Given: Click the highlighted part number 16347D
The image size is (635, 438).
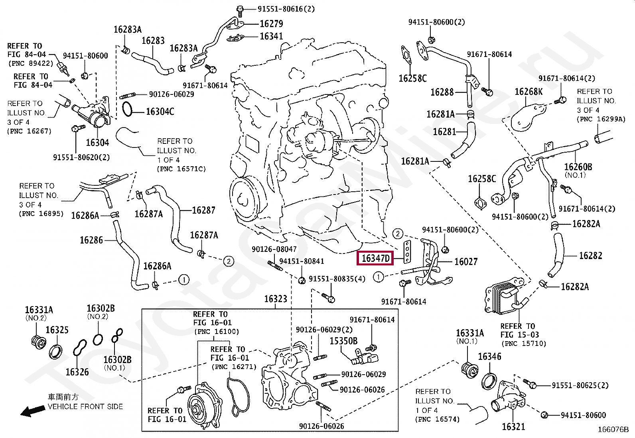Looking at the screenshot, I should (x=375, y=259).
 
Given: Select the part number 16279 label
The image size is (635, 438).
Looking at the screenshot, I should (x=271, y=24).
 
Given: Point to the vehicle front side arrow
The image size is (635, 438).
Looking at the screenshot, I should (x=33, y=411).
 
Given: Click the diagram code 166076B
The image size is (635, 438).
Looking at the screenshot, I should (x=613, y=430).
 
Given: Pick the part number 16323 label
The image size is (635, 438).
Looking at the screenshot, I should (x=276, y=299).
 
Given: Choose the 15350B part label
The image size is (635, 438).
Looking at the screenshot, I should (x=343, y=341).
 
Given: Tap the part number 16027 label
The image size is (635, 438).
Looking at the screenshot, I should (x=466, y=262).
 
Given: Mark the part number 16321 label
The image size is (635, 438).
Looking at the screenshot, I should (x=514, y=426).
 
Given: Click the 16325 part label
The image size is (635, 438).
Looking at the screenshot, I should (x=57, y=330).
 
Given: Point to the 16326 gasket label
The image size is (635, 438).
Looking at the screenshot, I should (x=77, y=372).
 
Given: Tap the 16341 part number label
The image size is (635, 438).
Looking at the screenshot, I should (x=271, y=37).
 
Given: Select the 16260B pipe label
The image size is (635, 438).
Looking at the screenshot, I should (x=578, y=167).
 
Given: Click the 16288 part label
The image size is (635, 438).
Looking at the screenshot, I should (x=442, y=92).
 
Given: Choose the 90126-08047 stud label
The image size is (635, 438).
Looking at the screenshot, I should (x=274, y=249).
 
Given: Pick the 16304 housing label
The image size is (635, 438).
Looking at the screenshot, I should (x=97, y=143).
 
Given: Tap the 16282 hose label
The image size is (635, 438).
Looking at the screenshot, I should (x=590, y=256).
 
